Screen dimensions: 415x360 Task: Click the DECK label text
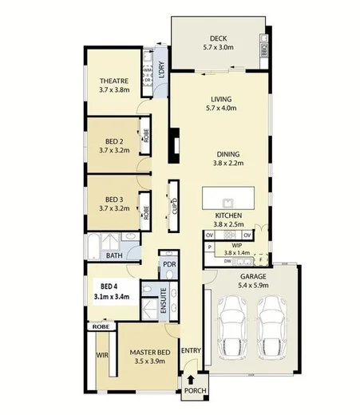coord(219,38)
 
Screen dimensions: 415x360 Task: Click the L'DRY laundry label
coord(160,69)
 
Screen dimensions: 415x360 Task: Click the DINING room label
coord(228,155)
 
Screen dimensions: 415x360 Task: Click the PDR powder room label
coord(168,264)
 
